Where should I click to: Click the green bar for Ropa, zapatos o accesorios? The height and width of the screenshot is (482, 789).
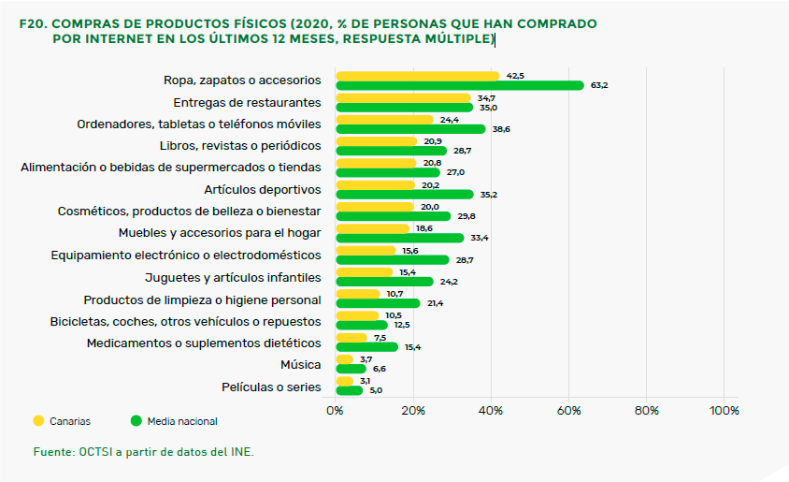click(459, 86)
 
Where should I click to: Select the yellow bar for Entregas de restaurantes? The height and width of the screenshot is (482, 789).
click(403, 97)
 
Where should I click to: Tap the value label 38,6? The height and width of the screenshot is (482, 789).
click(501, 129)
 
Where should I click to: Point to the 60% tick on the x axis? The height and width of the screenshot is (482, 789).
click(568, 410)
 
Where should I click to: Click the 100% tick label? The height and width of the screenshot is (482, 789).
click(724, 410)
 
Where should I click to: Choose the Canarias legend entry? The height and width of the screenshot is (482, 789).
click(63, 421)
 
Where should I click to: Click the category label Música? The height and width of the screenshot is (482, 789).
click(300, 364)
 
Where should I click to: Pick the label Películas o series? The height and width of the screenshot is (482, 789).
click(271, 387)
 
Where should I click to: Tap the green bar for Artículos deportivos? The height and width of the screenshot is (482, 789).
click(404, 195)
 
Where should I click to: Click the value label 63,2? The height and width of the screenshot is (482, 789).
click(599, 86)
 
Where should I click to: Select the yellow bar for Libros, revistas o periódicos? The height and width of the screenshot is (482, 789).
click(376, 141)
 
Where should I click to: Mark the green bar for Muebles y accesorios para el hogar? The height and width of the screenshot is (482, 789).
click(400, 238)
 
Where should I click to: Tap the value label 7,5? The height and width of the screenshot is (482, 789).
click(380, 337)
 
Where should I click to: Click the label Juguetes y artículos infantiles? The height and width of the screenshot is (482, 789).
click(233, 277)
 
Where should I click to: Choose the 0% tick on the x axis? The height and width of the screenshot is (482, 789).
click(336, 410)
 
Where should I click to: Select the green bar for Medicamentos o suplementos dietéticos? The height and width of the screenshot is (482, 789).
click(366, 347)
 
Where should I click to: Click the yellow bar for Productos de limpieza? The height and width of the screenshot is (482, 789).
click(357, 294)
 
